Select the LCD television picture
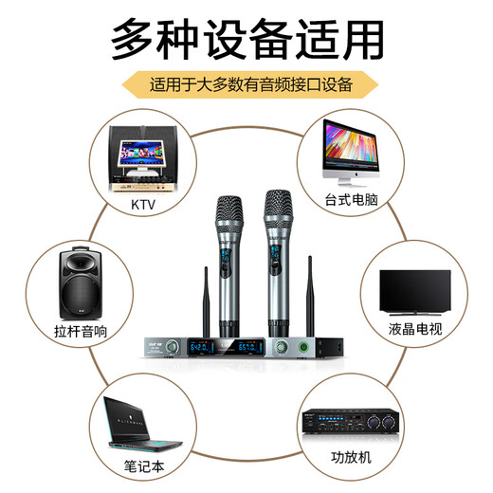(414, 288)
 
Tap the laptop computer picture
(142, 419)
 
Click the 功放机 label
(350, 466)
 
